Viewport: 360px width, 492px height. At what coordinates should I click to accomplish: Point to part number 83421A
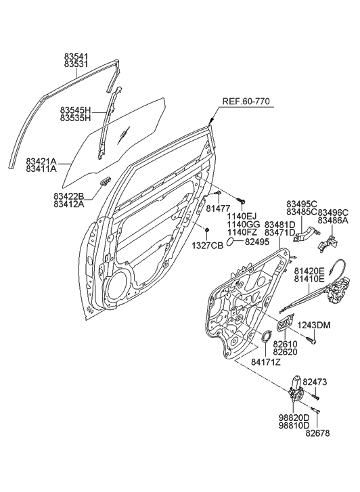[x=42, y=162]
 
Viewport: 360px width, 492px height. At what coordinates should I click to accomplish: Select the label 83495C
[x=301, y=204]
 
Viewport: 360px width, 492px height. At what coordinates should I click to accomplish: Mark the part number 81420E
[x=309, y=269]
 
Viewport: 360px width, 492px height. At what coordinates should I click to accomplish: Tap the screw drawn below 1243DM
[x=313, y=342]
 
